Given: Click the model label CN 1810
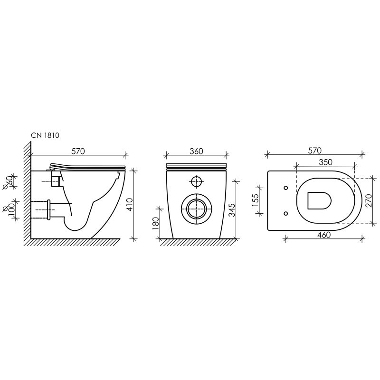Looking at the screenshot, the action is point(45,135).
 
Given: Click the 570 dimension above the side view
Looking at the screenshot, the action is point(78,151).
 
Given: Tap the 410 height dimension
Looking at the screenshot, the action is point(130,205).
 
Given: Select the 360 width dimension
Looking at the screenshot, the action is point(196,151).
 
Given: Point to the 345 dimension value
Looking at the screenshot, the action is point(232,210).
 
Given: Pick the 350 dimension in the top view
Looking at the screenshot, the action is point(325,162).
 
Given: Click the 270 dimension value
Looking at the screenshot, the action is point(369,200).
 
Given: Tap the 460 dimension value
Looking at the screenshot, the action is point(324,235).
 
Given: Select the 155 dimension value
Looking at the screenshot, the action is point(255,200).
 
